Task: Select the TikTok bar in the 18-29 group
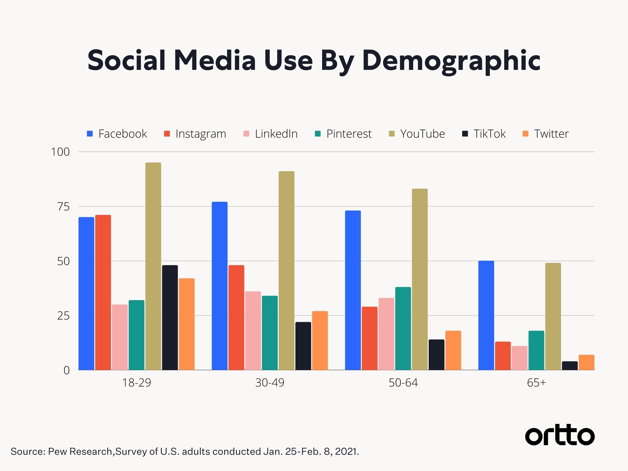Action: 170,318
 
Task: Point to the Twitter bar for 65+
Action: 587,363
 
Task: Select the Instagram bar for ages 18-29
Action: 103,293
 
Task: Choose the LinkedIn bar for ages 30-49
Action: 253,331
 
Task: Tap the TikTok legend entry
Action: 484,134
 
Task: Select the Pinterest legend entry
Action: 343,134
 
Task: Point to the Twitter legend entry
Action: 546,134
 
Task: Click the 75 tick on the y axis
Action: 63,207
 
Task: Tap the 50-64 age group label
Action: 403,383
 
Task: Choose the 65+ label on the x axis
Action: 536,383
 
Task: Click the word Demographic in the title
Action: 451,61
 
